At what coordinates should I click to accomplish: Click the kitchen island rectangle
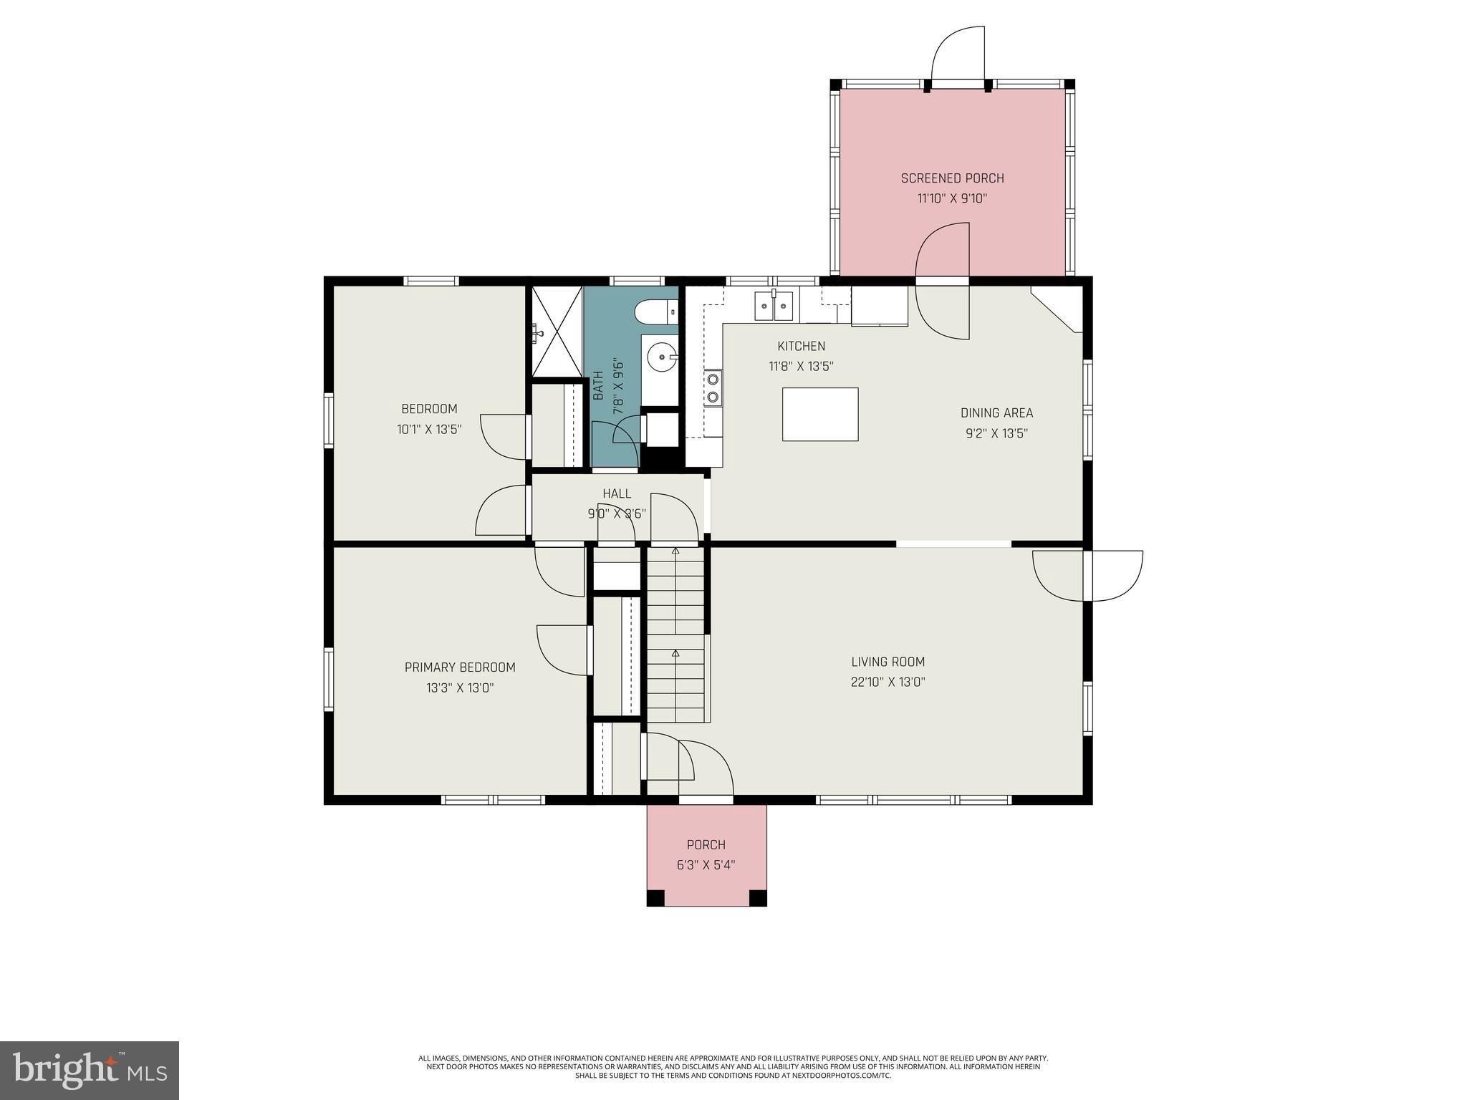pos(820,414)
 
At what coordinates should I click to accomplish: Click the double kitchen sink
pos(774,307)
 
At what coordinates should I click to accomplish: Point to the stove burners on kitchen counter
pos(713,388)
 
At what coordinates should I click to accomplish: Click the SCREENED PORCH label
pos(952,178)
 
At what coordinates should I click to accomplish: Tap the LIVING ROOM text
pos(888,662)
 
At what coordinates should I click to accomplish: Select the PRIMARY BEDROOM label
pos(460,667)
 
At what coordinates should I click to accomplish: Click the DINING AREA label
pos(996,412)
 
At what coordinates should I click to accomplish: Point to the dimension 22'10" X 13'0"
pos(888,682)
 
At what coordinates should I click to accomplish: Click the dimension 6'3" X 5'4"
pos(706,865)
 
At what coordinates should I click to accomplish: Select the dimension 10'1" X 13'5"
pos(429,429)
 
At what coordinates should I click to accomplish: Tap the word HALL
pos(617,493)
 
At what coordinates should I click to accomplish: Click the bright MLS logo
pos(90,1071)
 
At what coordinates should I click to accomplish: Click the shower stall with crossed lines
pos(556,331)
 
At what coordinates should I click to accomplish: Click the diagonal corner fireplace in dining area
pos(1057,309)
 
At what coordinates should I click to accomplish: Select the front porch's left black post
pos(655,898)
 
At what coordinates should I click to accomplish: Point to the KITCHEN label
pos(802,346)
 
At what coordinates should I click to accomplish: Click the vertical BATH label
pos(599,385)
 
